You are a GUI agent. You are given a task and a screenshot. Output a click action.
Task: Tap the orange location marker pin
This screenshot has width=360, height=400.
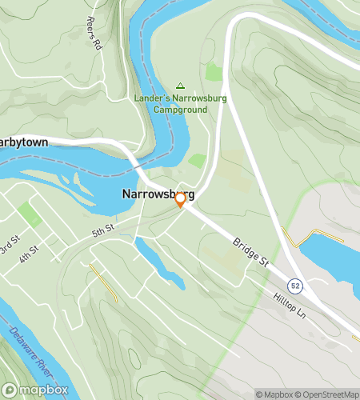pyautogui.click(x=181, y=200)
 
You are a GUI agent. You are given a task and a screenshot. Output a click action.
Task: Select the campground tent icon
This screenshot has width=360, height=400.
pyautogui.click(x=180, y=86)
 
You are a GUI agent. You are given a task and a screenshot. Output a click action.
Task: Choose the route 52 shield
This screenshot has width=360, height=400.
pyautogui.click(x=296, y=286)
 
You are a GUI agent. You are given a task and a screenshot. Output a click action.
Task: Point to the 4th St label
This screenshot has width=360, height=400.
pyautogui.click(x=30, y=255)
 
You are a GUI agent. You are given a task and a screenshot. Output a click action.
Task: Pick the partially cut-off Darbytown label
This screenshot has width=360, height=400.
pyautogui.click(x=24, y=142)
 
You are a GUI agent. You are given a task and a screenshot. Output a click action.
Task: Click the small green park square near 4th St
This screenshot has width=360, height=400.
pyautogui.click(x=30, y=214)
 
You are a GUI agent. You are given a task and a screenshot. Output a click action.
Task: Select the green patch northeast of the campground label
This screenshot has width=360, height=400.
pyautogui.click(x=214, y=72)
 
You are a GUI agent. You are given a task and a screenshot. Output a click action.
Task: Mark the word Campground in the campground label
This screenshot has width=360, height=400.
pyautogui.click(x=180, y=109)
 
